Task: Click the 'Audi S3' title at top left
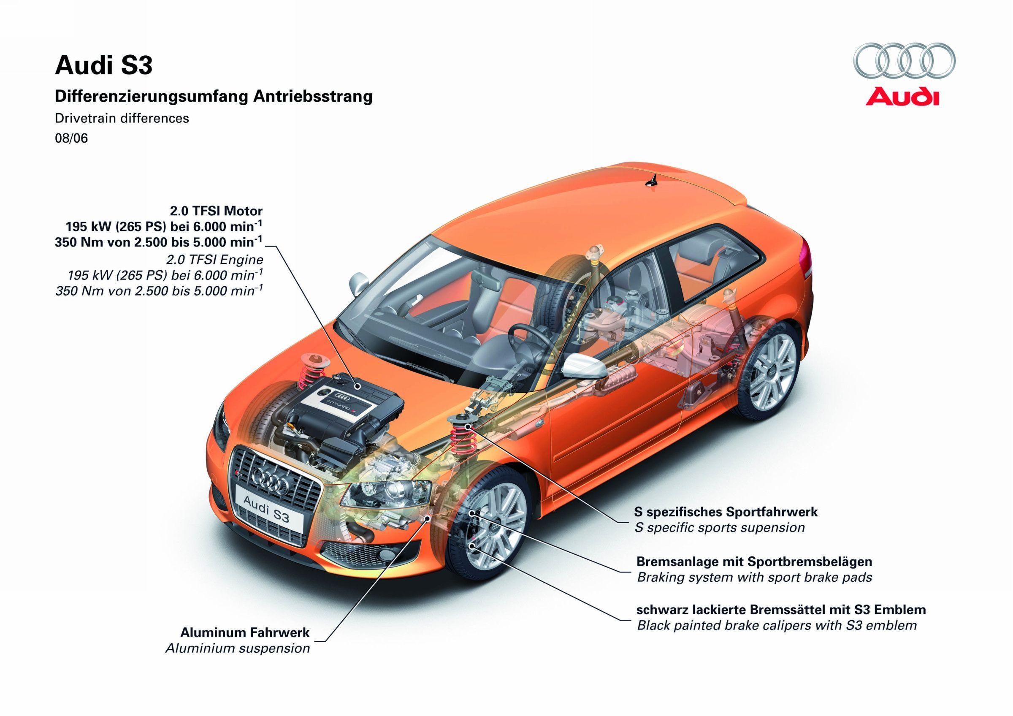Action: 103,66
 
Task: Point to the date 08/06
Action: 71,138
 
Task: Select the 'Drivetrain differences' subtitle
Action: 122,118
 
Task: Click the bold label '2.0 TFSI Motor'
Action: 216,211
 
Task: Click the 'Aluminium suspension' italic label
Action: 237,648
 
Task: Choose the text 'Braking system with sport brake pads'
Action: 754,577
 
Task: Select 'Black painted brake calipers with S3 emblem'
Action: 777,625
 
